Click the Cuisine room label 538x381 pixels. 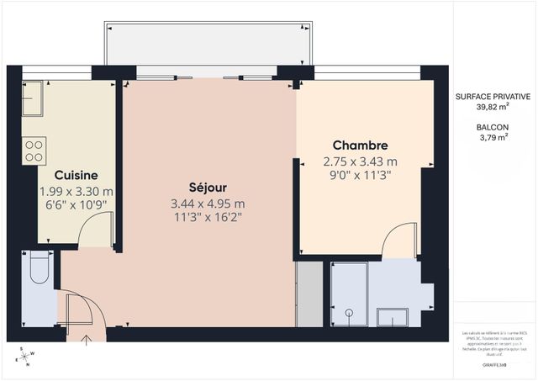coord(76,175)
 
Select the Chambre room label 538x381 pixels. coord(360,145)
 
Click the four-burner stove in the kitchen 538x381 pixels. coord(34,151)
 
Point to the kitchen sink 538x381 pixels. coord(33,98)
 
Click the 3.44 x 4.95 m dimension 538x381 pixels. coord(208,204)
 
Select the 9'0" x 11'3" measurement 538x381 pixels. coord(360,175)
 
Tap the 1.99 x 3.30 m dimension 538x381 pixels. coord(76,191)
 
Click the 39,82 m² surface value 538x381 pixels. coord(493,108)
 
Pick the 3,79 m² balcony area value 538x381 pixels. coord(493,138)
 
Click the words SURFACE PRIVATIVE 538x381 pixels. coord(493,97)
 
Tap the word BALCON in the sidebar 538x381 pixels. coord(493,127)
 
